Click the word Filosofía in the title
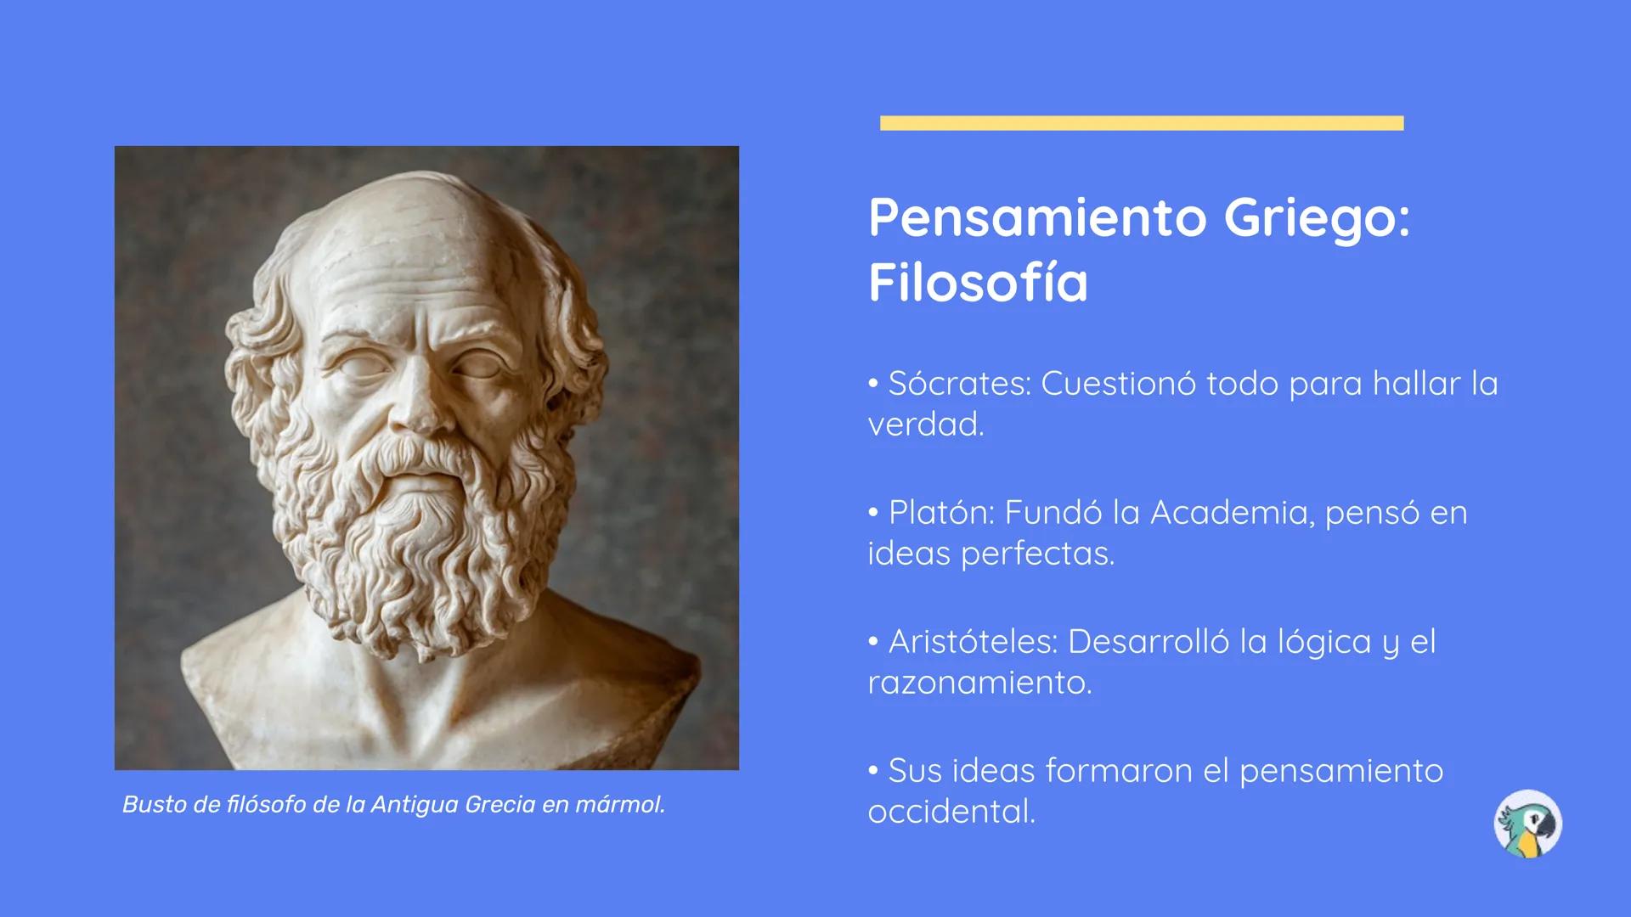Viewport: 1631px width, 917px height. (978, 282)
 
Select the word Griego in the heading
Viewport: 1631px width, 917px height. (1317, 220)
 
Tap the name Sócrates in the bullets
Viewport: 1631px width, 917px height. (959, 383)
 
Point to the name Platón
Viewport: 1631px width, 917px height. (940, 512)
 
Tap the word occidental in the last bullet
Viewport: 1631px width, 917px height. (951, 811)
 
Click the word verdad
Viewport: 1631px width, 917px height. (926, 424)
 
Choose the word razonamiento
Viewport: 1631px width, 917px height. (979, 683)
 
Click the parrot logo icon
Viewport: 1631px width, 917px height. (1527, 824)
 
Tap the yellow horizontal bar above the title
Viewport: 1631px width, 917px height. (1142, 123)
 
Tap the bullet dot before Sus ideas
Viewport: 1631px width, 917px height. (873, 771)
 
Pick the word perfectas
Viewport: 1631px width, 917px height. (1037, 554)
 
